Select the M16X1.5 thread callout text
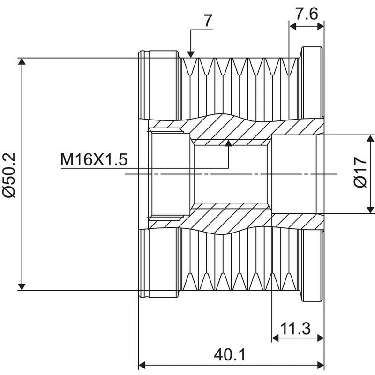click(94, 159)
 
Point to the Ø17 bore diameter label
click(360, 172)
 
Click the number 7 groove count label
click(208, 21)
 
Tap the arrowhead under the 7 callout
click(191, 54)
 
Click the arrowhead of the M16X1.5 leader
click(229, 143)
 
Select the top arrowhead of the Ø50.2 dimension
click(22, 61)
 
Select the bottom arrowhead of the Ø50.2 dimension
click(22, 287)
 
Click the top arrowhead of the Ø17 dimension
click(370, 138)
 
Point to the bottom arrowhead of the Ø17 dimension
click(370, 210)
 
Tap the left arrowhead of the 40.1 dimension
click(142, 366)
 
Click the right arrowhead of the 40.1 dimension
click(321, 366)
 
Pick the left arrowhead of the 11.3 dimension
click(275, 338)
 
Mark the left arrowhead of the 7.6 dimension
click(292, 26)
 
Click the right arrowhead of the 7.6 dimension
click(321, 26)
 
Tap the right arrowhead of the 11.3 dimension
click(321, 338)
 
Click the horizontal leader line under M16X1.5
click(145, 168)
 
